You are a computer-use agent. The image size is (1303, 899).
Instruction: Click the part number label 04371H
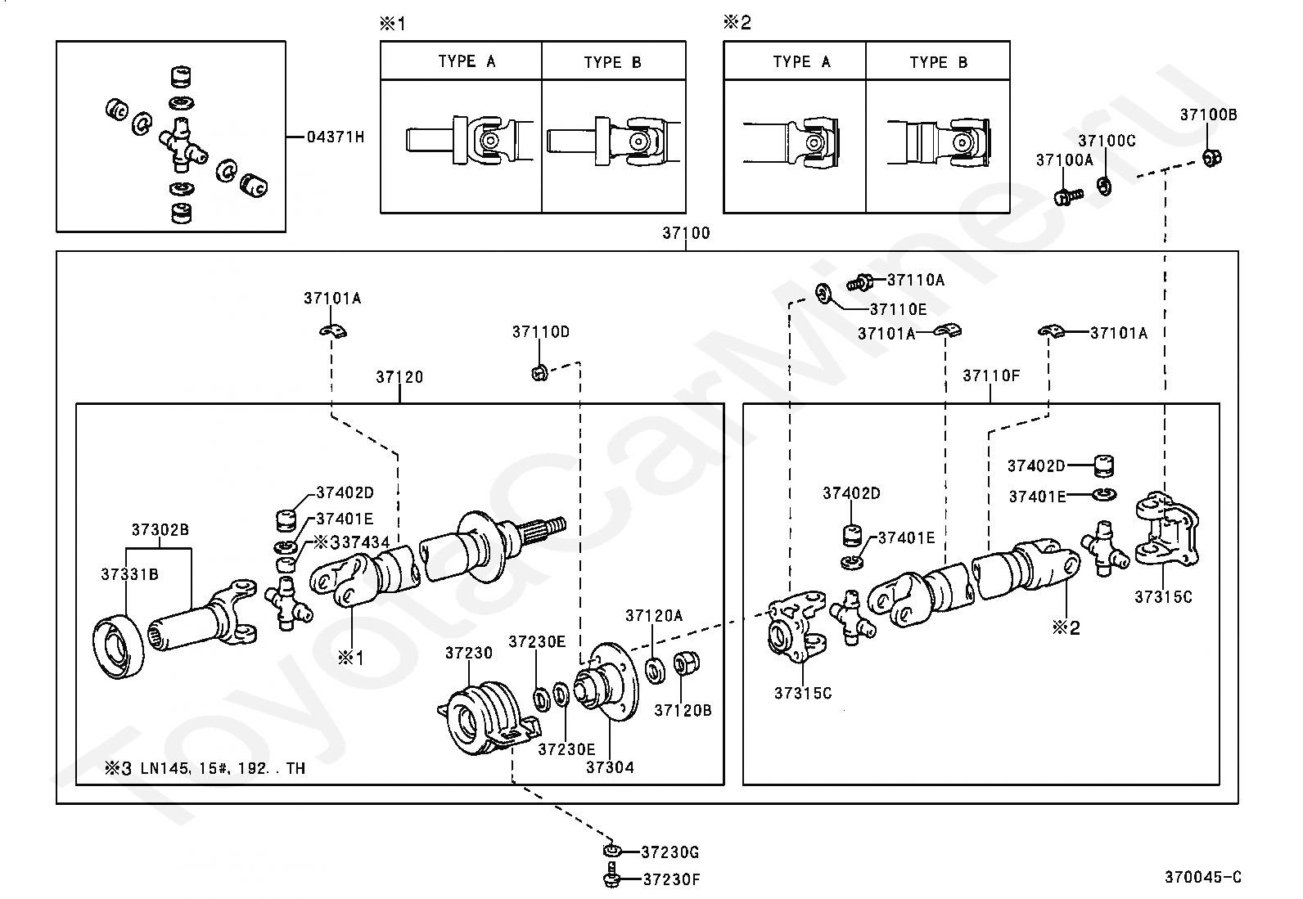(x=335, y=137)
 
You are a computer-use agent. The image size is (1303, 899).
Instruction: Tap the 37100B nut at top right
(x=1212, y=156)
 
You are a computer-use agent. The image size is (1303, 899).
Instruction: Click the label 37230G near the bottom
(x=670, y=852)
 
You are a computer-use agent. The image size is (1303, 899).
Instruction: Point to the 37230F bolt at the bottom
(x=611, y=879)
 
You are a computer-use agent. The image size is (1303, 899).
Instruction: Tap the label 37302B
(x=160, y=530)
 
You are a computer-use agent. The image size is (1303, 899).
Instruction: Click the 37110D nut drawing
(x=539, y=373)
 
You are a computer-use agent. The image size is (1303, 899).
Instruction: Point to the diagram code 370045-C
(x=1202, y=877)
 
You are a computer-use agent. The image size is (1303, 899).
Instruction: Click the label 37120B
(x=683, y=710)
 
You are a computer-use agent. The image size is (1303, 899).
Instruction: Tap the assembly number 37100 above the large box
(x=686, y=233)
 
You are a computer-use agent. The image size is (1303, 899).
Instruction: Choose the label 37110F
(x=991, y=375)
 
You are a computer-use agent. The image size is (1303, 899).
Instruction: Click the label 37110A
(x=916, y=281)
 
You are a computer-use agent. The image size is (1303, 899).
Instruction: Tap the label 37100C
(x=1107, y=141)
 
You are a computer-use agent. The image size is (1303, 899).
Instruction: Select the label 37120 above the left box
(x=399, y=377)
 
